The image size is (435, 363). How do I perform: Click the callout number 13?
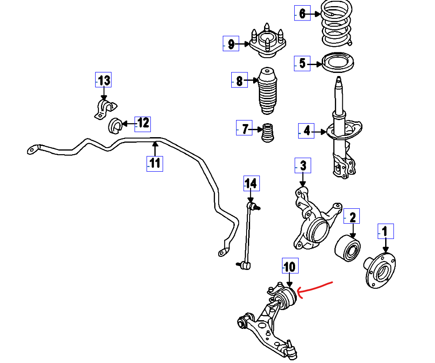tap(104, 80)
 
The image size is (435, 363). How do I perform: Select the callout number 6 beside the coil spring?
tap(302, 14)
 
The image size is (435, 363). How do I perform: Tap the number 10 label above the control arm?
tap(290, 266)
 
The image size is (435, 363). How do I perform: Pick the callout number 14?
tap(251, 183)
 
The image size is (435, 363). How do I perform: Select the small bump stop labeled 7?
tap(267, 132)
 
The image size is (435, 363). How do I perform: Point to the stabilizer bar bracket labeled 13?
tap(105, 109)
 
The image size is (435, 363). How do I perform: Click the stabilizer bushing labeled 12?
tap(115, 125)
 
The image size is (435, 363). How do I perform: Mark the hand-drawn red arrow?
tap(315, 288)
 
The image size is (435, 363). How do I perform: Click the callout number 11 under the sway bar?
tap(155, 163)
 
